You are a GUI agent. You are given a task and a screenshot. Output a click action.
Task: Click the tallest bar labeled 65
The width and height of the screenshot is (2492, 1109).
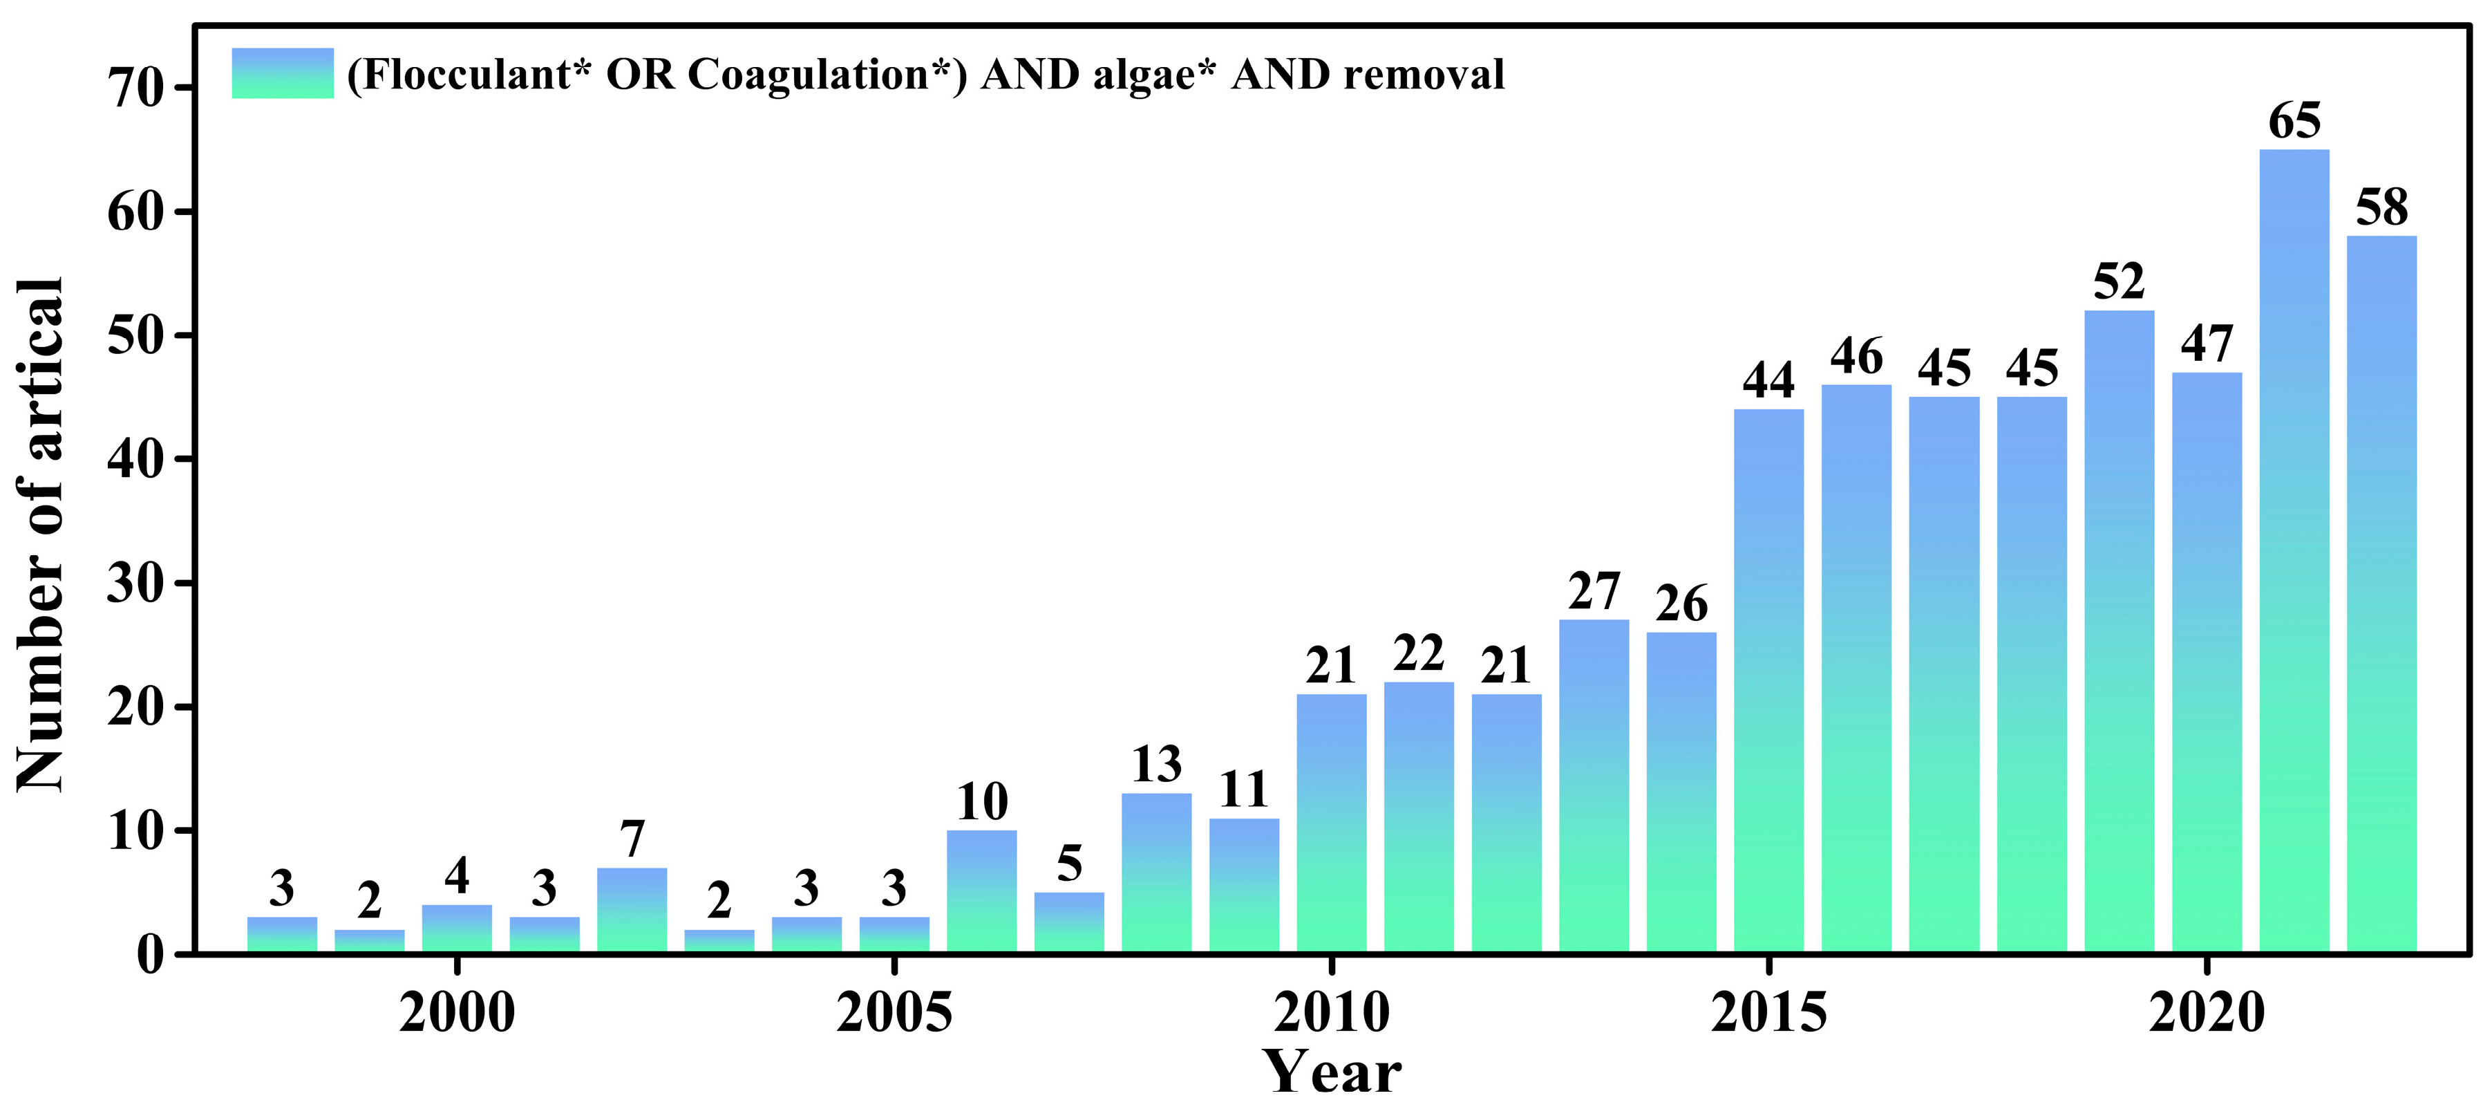[2294, 552]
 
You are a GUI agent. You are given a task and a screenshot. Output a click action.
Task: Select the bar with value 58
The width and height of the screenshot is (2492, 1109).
[2381, 595]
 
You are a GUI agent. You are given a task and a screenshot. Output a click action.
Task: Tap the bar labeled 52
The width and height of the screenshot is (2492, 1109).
[2119, 634]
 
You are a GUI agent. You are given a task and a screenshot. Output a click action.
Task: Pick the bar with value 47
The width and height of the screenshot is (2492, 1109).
[2207, 663]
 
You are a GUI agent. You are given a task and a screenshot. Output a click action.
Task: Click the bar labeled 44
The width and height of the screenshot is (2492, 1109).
[1768, 682]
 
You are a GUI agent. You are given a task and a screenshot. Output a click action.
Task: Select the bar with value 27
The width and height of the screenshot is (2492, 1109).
[1594, 786]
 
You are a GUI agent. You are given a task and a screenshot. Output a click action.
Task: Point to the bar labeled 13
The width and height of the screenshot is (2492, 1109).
[1156, 873]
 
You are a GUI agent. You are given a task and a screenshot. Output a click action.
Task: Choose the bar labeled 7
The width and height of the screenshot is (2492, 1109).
[632, 910]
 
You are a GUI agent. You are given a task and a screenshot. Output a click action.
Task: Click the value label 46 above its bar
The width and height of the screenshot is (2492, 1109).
[1856, 357]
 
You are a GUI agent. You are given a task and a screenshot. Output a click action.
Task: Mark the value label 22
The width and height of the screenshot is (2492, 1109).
[1418, 654]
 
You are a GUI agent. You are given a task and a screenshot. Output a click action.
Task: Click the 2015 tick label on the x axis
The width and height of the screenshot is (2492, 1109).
[1768, 1013]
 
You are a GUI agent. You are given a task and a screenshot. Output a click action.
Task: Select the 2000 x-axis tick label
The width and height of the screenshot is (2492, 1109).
[457, 1013]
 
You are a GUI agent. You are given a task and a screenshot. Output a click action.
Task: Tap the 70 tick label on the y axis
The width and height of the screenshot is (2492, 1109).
[135, 89]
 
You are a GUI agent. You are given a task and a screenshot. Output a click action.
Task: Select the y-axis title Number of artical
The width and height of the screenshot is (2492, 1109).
[41, 534]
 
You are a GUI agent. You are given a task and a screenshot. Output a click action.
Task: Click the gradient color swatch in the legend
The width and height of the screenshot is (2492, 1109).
[283, 73]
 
